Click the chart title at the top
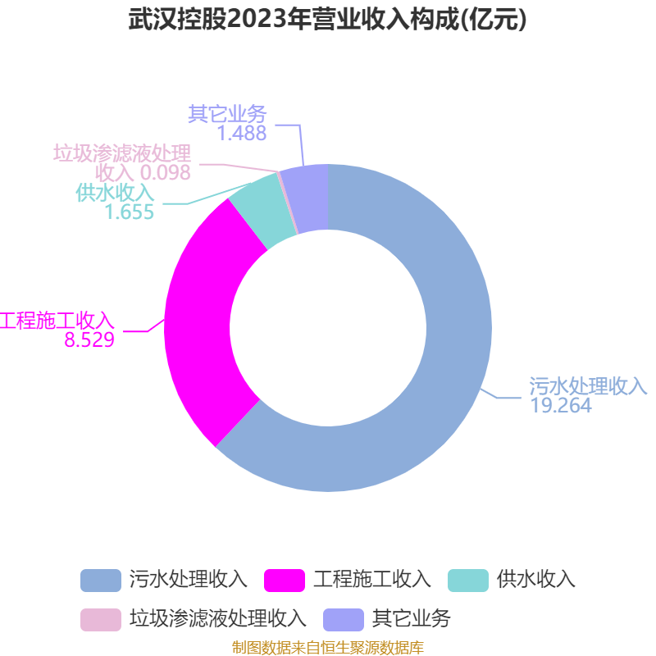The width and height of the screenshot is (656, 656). point(328,20)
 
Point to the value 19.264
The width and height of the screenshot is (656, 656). point(560,405)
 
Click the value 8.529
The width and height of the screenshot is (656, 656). point(89,339)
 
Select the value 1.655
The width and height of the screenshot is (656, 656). point(130,212)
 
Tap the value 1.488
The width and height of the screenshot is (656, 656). point(242,133)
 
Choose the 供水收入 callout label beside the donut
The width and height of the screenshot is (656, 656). point(115,193)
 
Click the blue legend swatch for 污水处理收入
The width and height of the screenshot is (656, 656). point(100,580)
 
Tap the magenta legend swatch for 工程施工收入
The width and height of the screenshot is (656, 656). point(284,580)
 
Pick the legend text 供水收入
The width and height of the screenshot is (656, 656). point(535,580)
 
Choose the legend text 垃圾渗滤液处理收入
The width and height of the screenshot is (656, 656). point(217,617)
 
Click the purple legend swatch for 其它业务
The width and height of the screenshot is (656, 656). point(343,617)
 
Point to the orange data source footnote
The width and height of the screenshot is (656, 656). point(328,648)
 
